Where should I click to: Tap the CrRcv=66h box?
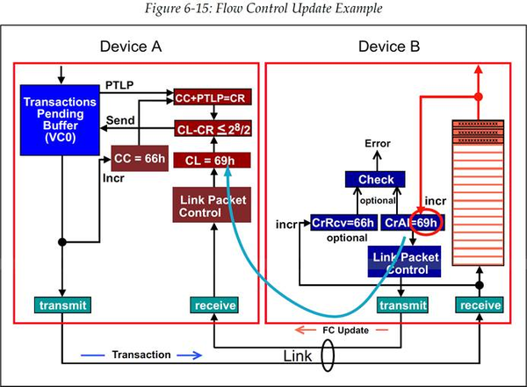343,223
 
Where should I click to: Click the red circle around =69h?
427,223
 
